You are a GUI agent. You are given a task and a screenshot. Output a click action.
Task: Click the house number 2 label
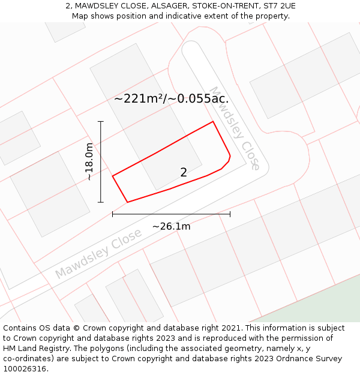coord(184,172)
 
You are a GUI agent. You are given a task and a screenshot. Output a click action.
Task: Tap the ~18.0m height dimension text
coord(89,162)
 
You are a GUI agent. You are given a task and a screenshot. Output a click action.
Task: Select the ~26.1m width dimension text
coord(171,226)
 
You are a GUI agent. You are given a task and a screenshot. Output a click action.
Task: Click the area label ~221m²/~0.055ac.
coord(171,98)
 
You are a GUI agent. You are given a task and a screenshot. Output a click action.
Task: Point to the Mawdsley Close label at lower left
coord(98,253)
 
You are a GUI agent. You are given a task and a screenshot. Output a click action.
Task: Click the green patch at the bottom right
coord(324,303)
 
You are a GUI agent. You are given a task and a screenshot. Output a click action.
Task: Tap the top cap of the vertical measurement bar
coord(101,122)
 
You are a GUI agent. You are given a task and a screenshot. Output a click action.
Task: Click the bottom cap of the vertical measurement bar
coord(101,202)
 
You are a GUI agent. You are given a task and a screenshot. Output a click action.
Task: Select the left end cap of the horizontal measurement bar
coord(113,214)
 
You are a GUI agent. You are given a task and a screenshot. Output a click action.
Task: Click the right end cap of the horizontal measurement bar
coord(230,214)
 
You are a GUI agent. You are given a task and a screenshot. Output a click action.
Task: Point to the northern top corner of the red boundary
coord(213,122)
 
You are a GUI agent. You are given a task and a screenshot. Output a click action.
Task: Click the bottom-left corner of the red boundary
coord(128,202)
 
